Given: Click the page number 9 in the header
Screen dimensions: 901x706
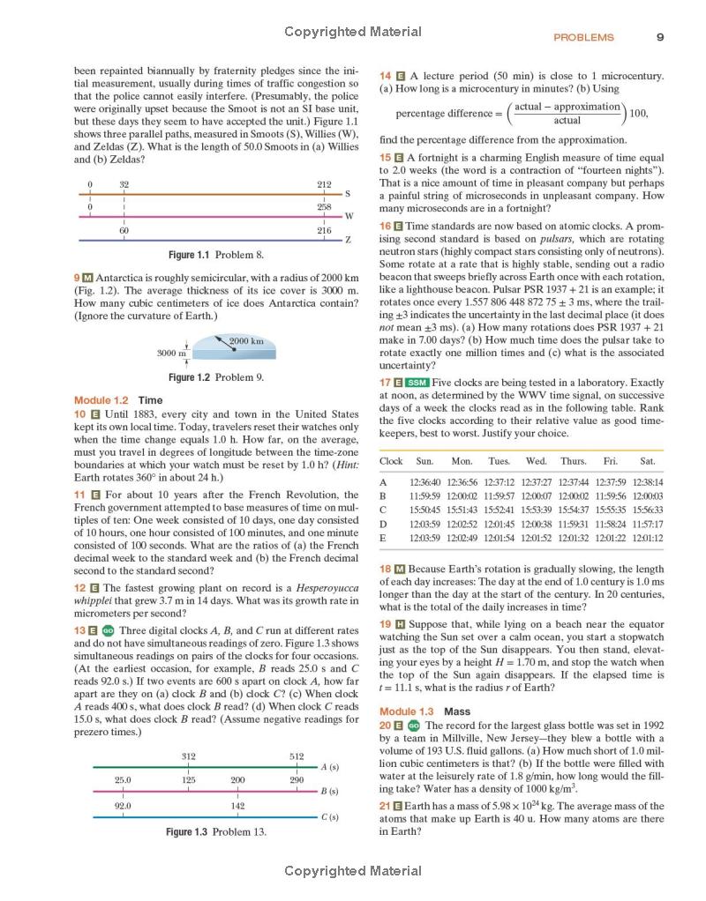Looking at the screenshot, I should click(x=660, y=37).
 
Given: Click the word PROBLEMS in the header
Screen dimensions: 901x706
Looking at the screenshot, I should click(x=583, y=38).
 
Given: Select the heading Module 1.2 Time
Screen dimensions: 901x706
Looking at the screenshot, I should click(x=118, y=399).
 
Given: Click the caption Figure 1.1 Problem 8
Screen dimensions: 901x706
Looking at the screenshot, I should click(x=216, y=255).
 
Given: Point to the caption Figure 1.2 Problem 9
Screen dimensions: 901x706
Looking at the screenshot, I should click(x=216, y=377).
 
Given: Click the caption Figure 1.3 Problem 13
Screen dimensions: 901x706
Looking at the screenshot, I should click(x=216, y=831).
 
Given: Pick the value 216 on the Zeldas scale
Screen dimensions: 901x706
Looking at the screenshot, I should click(x=324, y=230).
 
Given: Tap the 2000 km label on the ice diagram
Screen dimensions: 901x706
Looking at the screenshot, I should click(x=246, y=341).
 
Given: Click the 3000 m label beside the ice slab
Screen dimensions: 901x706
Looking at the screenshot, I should click(x=171, y=353).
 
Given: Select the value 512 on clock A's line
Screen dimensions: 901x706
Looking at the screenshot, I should click(x=297, y=756).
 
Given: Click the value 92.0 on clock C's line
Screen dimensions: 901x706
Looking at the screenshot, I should click(x=124, y=806).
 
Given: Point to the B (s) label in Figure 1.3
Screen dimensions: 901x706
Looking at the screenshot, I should click(x=330, y=792).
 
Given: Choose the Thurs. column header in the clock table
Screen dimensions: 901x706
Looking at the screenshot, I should click(x=573, y=461).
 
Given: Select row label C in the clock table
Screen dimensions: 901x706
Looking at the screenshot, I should click(x=383, y=510).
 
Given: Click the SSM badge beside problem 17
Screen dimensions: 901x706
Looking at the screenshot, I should click(x=417, y=383).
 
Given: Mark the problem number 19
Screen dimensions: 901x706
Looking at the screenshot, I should click(x=387, y=624).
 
